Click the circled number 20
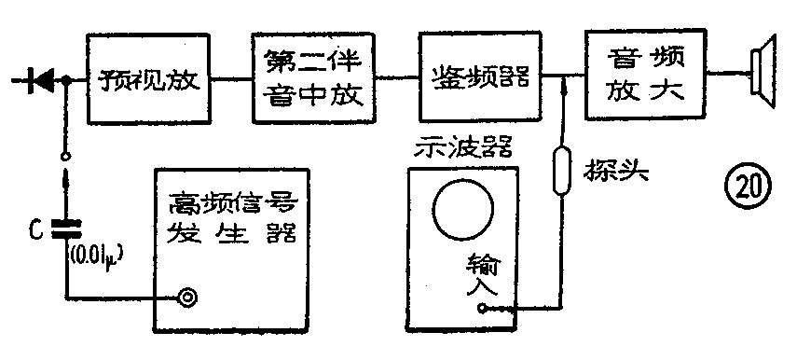coord(751,186)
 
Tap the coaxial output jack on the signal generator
coord(188,298)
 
